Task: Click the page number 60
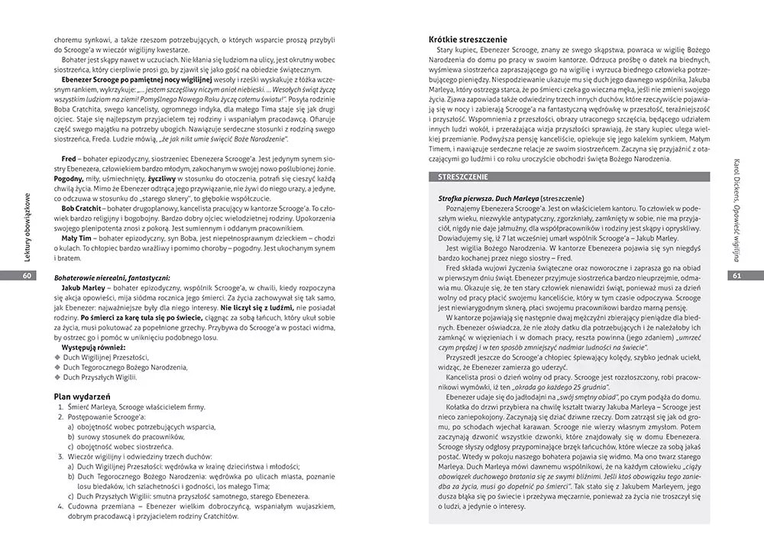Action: click(27, 276)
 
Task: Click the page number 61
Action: click(737, 276)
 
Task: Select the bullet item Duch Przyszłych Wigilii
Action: click(99, 377)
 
